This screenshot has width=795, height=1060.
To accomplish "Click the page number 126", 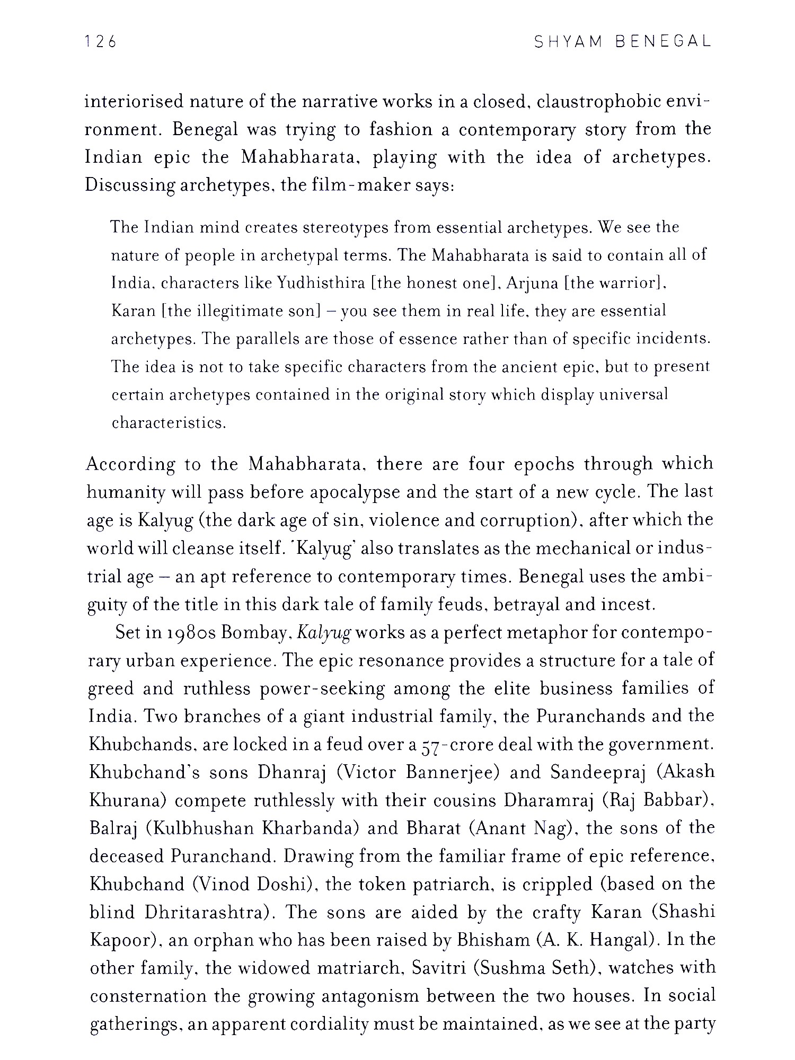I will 100,42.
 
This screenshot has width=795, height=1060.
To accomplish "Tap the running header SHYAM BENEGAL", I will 622,42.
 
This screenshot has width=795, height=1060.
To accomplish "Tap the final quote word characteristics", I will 169,423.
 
